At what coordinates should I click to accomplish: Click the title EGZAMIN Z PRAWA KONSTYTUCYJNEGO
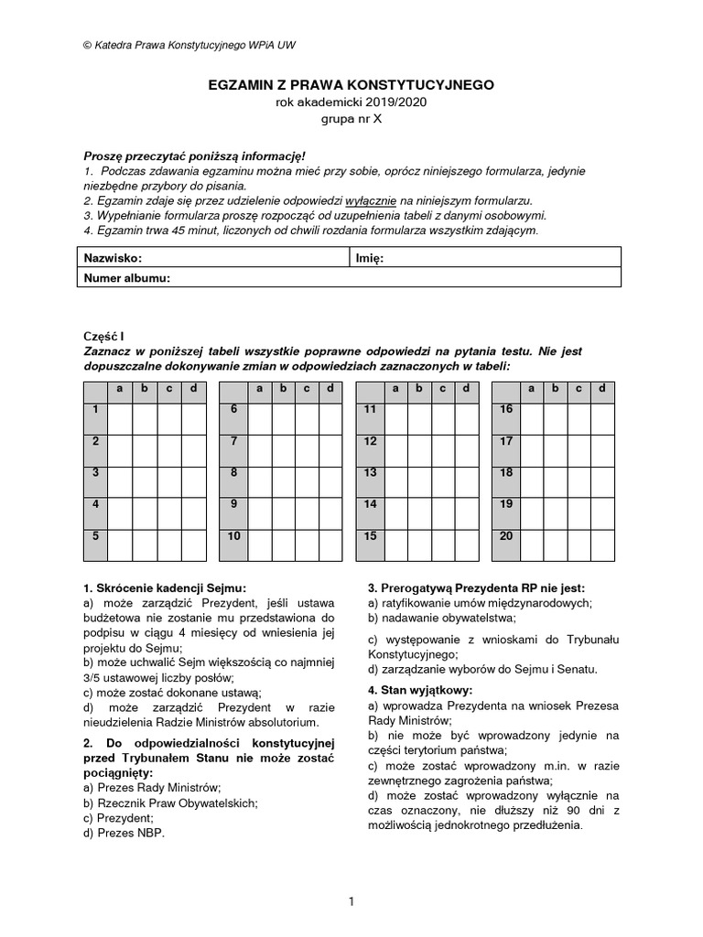click(351, 84)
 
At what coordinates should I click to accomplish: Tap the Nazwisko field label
click(113, 259)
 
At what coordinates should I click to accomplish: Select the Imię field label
click(369, 259)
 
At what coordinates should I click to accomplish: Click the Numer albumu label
click(127, 277)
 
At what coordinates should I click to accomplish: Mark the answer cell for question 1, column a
click(121, 419)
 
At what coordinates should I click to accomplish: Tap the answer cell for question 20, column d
click(602, 544)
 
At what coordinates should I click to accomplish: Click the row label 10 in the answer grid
click(234, 536)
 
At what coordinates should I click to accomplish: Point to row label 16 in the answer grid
click(506, 410)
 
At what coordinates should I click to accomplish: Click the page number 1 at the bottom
click(351, 902)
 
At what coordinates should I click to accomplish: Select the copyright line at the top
click(189, 44)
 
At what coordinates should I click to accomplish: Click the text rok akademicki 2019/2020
click(351, 102)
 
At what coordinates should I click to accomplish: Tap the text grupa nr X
click(351, 119)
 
